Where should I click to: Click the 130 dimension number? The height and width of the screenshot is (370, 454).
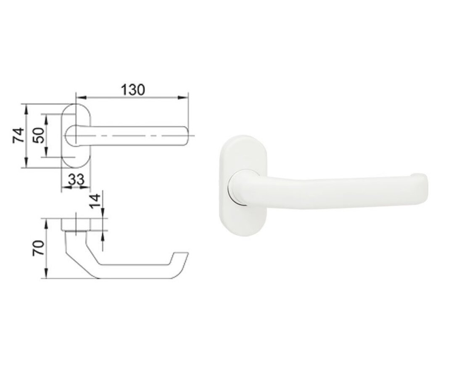coord(133,89)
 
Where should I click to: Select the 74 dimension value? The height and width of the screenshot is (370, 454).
coord(18,135)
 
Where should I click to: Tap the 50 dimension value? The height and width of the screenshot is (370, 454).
coord(39,135)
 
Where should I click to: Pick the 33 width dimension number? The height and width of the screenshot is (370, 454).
coord(76,180)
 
